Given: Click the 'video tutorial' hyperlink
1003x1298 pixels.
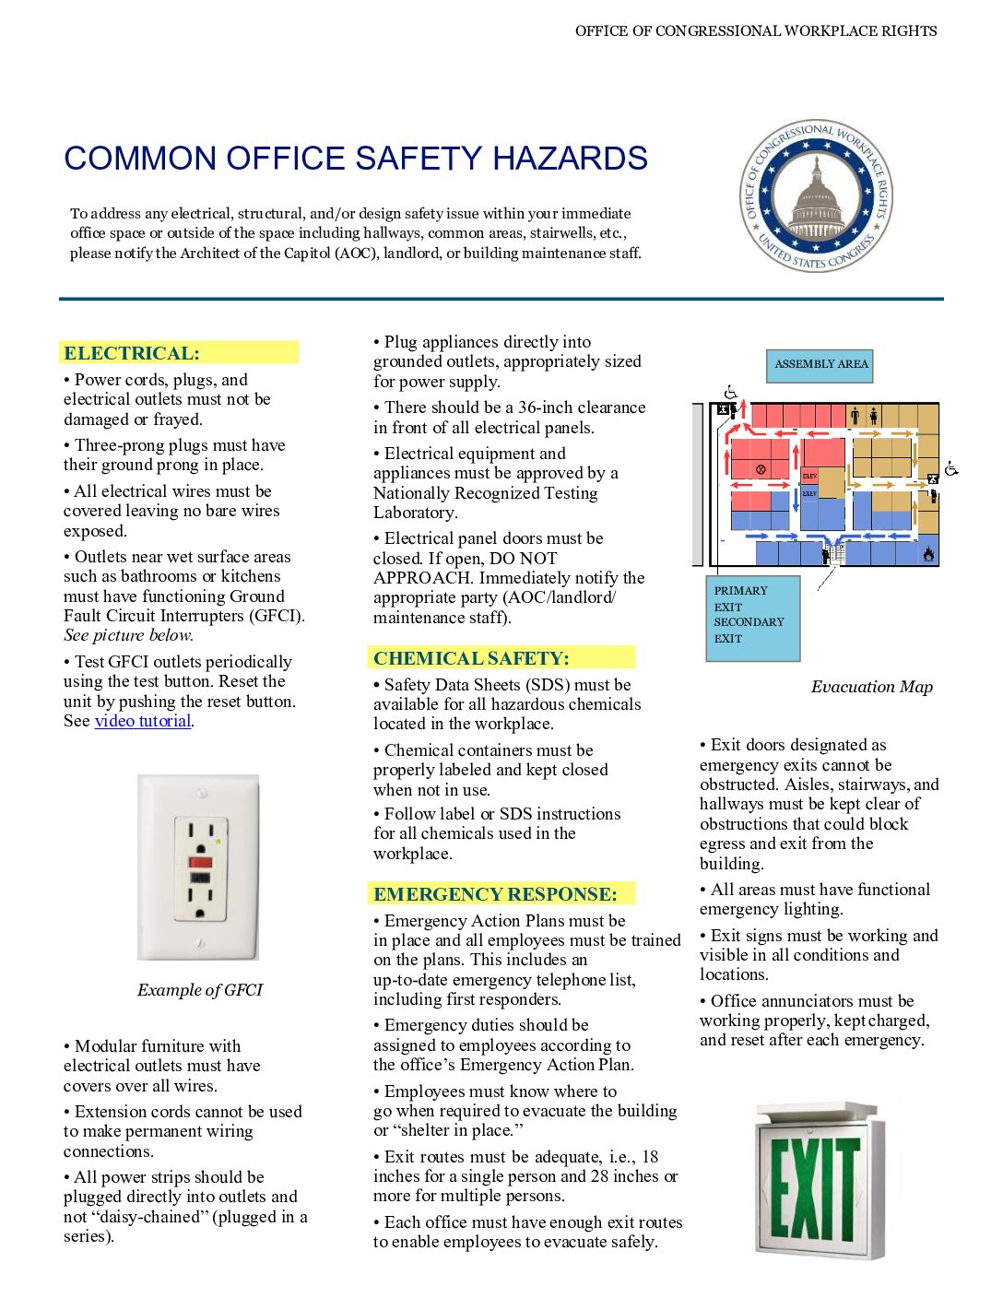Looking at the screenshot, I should click(x=143, y=721).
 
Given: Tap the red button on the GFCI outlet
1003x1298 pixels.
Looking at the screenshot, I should click(x=200, y=862).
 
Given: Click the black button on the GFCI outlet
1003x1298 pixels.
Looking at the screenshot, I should click(x=200, y=878).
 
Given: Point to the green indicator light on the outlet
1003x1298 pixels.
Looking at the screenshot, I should click(x=218, y=841).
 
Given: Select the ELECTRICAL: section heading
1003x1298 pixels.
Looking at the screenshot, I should click(x=132, y=353).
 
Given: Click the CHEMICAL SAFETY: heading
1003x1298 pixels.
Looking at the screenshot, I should click(x=471, y=658).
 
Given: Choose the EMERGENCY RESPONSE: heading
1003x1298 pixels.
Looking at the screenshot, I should click(x=495, y=894).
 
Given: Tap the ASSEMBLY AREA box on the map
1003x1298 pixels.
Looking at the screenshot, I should click(x=821, y=364).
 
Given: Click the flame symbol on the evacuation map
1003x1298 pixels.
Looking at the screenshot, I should click(x=928, y=553).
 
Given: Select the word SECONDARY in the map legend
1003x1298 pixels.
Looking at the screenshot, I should click(x=749, y=622).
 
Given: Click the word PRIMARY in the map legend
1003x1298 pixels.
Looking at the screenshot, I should click(x=740, y=591).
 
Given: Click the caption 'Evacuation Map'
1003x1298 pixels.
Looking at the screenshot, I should click(x=871, y=687).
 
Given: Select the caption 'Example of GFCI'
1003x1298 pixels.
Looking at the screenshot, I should click(x=200, y=990).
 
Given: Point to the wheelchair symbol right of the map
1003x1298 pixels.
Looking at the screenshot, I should click(x=951, y=468).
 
